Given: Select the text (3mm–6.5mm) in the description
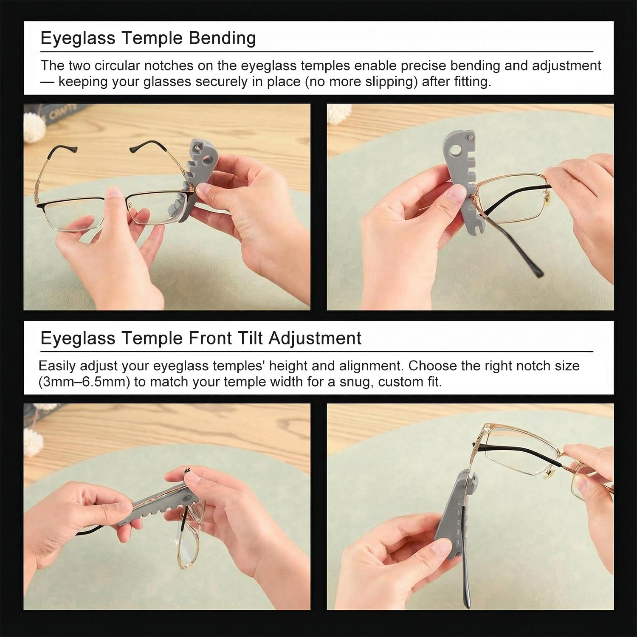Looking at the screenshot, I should pos(84,382).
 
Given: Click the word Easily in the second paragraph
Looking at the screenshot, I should pos(56,366).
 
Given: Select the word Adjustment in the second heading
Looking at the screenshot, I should pos(315,338).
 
